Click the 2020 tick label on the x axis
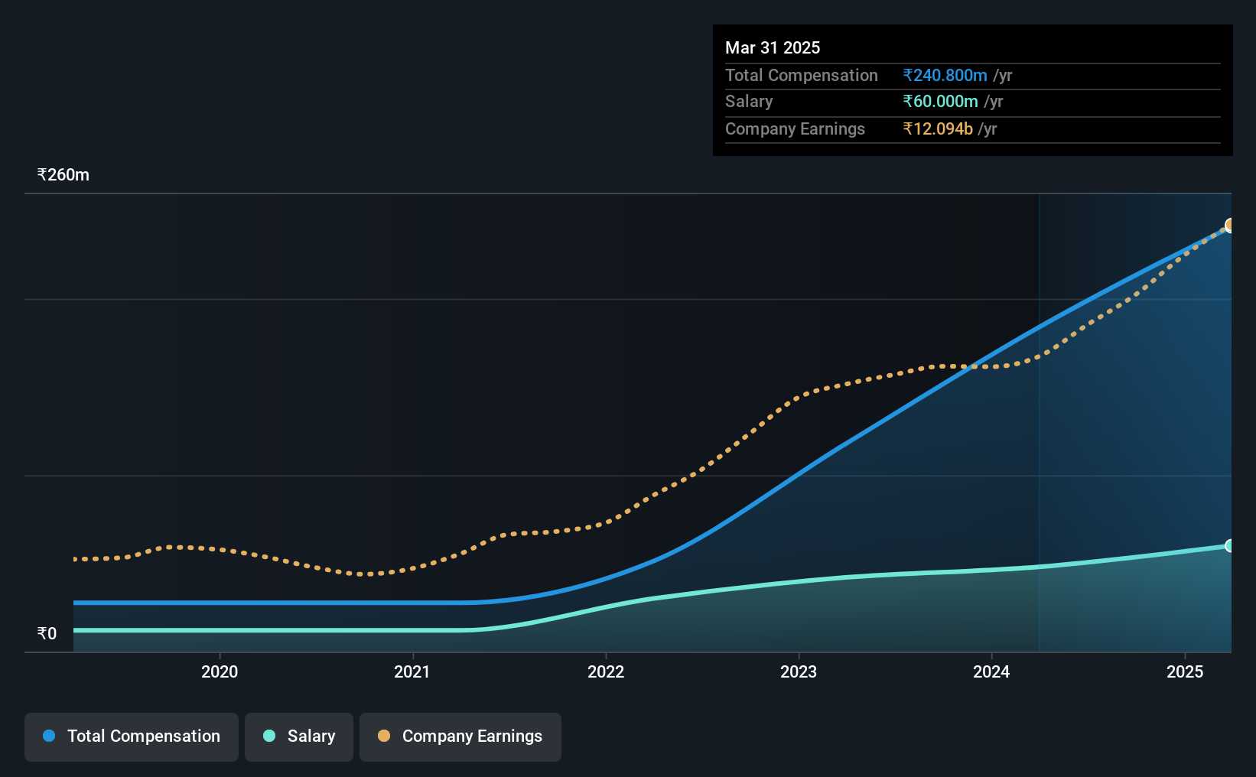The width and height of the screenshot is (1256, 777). pos(220,671)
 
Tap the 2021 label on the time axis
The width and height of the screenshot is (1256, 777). pos(412,671)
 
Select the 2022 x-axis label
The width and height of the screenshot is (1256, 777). pos(606,671)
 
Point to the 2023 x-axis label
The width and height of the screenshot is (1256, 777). pos(799,671)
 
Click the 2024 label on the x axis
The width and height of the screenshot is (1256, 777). pos(991,671)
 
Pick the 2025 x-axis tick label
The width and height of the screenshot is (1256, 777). pos(1185,671)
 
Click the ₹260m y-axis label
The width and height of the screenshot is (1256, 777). pos(63,175)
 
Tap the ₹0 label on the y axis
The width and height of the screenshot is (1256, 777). pos(47,633)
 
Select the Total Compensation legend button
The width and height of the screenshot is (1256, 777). pos(132,736)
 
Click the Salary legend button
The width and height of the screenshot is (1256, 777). pos(299,736)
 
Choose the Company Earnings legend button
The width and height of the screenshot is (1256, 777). pos(460,736)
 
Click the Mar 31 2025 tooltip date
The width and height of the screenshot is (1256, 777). pos(772,47)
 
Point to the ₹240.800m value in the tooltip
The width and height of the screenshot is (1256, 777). pos(945,75)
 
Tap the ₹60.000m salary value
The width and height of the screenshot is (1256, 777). pos(940,102)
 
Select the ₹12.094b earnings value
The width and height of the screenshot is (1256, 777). pos(938,129)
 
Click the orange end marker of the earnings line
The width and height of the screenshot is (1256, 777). pos(1230,226)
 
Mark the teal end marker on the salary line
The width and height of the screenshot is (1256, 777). pos(1230,545)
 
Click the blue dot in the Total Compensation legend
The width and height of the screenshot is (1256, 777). pos(50,736)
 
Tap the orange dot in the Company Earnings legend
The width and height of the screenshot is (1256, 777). pos(384,736)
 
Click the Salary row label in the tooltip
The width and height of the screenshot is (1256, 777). pos(749,102)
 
